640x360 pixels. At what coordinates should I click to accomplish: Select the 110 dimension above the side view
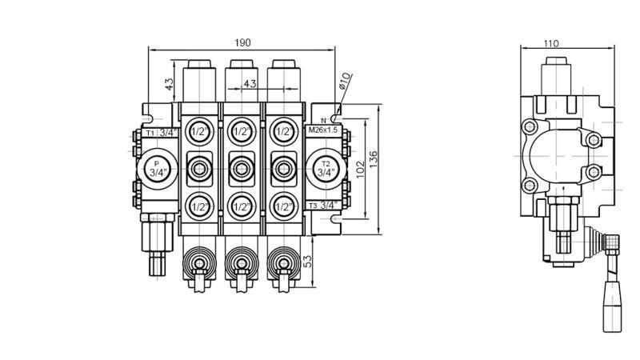tap(551, 44)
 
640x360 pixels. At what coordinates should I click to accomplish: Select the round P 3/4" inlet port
tap(157, 168)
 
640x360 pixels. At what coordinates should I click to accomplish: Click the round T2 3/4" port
tap(325, 168)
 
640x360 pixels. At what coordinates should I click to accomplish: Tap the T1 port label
tap(150, 132)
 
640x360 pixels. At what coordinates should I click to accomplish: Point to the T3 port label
tap(313, 206)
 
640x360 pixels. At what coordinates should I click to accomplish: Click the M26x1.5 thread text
tap(323, 129)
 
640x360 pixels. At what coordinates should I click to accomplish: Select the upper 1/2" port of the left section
tap(198, 130)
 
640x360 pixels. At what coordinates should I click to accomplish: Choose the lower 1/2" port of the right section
tap(282, 206)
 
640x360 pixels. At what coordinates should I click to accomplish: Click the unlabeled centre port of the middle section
tap(241, 168)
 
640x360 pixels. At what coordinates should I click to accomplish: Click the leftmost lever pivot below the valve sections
tap(198, 262)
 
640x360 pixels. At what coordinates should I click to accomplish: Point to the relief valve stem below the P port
tap(157, 248)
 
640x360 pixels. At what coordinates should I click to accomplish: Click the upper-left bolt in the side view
tap(529, 127)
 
